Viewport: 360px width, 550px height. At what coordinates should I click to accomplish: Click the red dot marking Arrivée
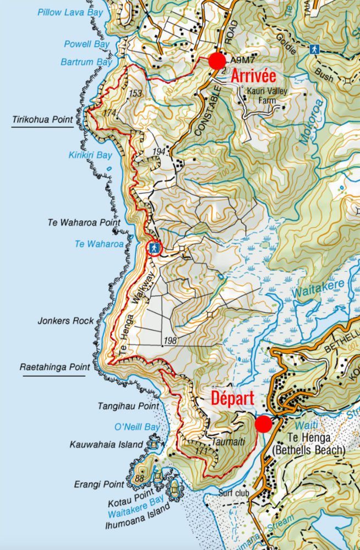tap(217, 61)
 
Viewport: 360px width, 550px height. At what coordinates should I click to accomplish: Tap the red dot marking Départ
tap(263, 424)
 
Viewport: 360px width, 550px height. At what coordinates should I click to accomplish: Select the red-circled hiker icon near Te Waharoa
tap(155, 249)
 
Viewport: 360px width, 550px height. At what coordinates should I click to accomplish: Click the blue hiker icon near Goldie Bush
tap(314, 49)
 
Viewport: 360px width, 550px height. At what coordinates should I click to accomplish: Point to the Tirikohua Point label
tap(42, 120)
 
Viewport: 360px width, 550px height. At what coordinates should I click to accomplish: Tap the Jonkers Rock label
tap(66, 321)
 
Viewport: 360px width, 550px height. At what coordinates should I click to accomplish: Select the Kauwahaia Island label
tap(106, 444)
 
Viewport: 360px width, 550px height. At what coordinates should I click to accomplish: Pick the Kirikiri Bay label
tap(90, 156)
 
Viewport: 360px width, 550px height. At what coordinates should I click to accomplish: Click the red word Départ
tap(232, 399)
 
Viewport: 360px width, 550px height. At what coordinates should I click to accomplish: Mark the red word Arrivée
tap(253, 76)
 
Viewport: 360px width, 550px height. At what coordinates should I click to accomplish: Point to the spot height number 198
tap(170, 342)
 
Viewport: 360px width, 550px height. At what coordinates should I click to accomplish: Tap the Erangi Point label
tap(99, 485)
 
